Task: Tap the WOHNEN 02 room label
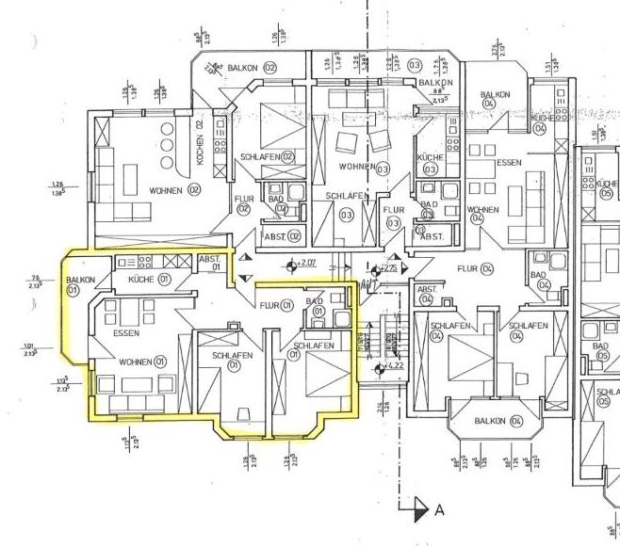click(x=175, y=190)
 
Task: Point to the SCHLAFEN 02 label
click(x=267, y=157)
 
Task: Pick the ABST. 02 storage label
click(x=281, y=236)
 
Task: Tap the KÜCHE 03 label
click(x=430, y=163)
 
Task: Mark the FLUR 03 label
click(x=394, y=216)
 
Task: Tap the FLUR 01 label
click(x=276, y=304)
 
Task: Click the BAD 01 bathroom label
click(x=318, y=304)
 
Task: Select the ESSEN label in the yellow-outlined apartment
click(x=126, y=334)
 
